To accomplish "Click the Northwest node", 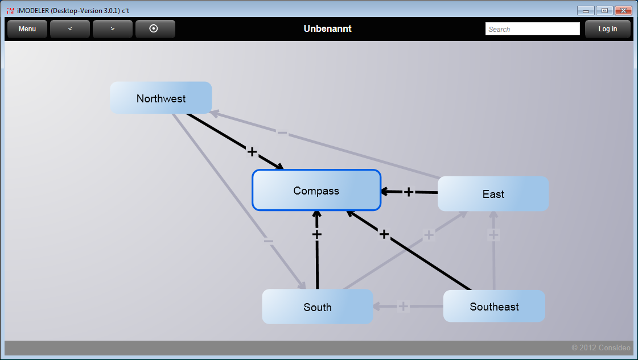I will (x=161, y=98).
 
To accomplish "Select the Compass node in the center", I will (x=316, y=191).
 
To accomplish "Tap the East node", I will (x=493, y=194).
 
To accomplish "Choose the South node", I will (x=317, y=307).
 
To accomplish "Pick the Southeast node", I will (x=494, y=307).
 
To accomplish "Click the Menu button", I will (x=27, y=29).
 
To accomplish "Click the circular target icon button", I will (x=154, y=29).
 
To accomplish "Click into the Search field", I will (x=532, y=29).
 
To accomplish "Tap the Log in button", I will (x=607, y=29).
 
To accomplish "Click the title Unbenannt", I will (x=327, y=29).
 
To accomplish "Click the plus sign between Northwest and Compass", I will (x=252, y=152).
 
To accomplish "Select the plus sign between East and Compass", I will (x=408, y=192).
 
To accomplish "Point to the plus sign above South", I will (x=317, y=234).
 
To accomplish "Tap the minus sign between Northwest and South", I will (x=269, y=241).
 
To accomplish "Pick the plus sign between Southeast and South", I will (x=403, y=307).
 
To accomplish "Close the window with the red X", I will (x=624, y=10).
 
